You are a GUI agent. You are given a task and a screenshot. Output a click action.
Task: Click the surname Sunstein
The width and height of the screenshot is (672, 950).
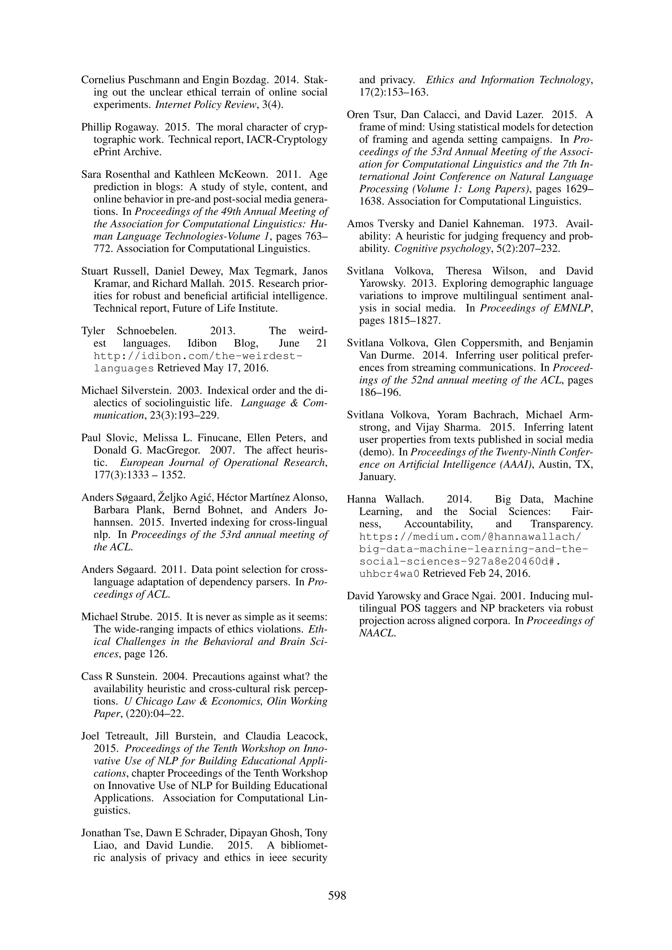[136, 676]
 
